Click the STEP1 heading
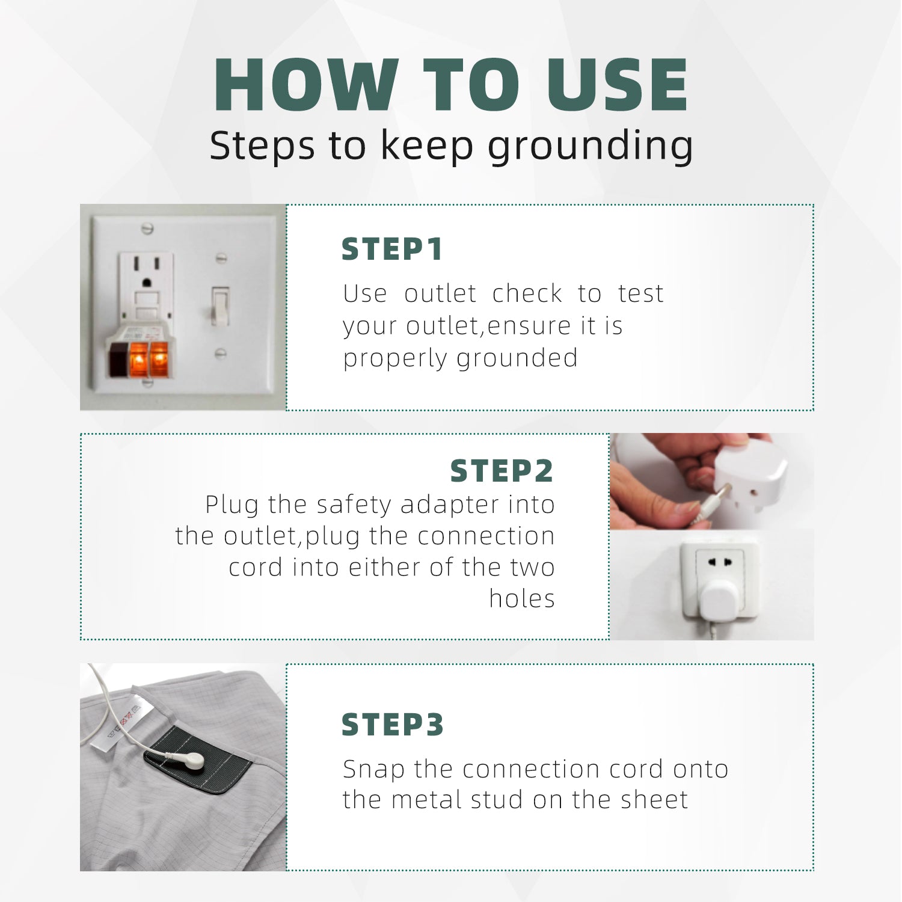(392, 250)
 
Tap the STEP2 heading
(502, 471)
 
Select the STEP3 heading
(393, 725)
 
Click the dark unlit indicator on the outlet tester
(117, 361)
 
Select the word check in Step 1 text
(527, 293)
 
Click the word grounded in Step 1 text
(517, 358)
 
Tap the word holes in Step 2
(522, 598)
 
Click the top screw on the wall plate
(147, 228)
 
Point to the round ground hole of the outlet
(147, 281)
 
